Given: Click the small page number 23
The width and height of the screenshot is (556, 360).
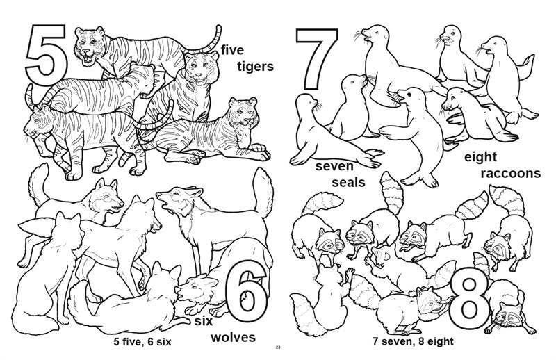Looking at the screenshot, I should click(x=277, y=348).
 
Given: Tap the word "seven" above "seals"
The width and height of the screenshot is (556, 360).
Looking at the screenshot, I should click(x=334, y=167).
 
